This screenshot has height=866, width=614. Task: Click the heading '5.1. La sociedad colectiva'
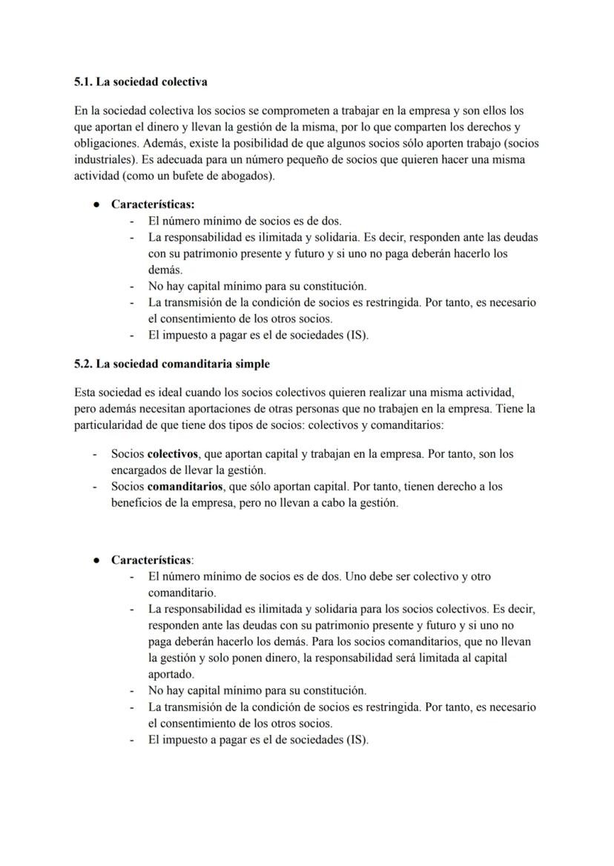[x=141, y=81]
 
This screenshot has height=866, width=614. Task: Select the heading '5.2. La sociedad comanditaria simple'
[x=172, y=364]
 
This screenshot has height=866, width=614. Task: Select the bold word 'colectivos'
[x=173, y=453]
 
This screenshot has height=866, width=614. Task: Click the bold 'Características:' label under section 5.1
[x=153, y=204]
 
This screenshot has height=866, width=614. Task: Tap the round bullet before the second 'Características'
[x=96, y=560]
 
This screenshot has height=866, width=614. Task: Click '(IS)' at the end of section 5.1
[x=356, y=335]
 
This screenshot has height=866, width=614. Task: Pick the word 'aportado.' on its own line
[x=171, y=674]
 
